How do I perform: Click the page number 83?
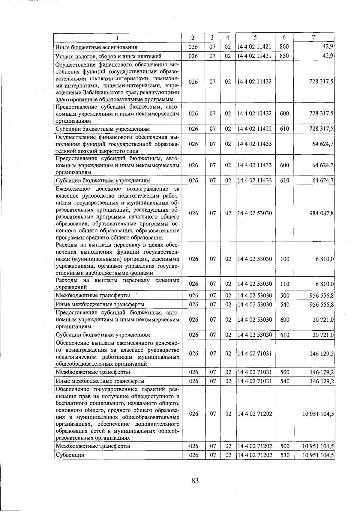(x=195, y=481)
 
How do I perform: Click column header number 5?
(x=255, y=37)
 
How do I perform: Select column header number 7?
(x=313, y=37)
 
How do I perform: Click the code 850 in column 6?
(x=284, y=56)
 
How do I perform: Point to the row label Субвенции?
(x=70, y=455)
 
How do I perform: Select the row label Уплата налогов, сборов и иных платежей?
(x=109, y=56)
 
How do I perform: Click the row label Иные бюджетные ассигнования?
(x=96, y=47)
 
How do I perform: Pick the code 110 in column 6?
(x=284, y=284)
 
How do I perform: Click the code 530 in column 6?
(x=284, y=455)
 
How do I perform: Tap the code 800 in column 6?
(x=284, y=47)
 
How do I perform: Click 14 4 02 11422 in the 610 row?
(x=254, y=129)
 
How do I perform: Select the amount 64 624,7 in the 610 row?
(x=323, y=180)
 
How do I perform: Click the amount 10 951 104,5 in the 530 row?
(x=318, y=455)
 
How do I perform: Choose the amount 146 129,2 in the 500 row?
(x=322, y=372)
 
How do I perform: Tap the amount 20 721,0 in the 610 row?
(x=323, y=335)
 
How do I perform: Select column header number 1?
(x=118, y=37)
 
